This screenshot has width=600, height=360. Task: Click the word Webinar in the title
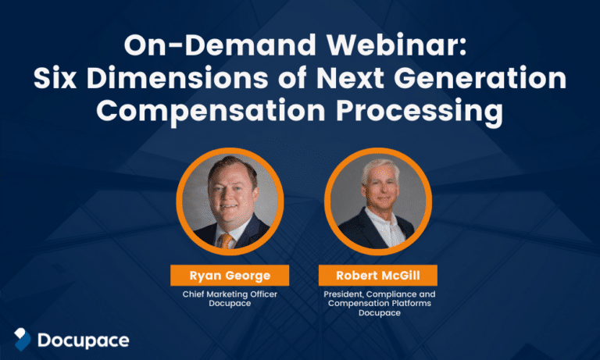click(397, 45)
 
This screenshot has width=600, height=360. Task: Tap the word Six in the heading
click(55, 78)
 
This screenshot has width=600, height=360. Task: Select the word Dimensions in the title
click(177, 78)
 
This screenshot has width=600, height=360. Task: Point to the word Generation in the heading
click(480, 78)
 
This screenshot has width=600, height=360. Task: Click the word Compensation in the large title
click(211, 111)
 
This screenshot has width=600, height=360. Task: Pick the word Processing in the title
click(420, 111)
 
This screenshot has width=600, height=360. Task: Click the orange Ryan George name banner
click(230, 276)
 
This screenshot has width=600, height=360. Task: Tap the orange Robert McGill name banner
click(378, 276)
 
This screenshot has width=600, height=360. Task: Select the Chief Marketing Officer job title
click(230, 294)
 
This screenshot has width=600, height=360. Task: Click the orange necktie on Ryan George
click(225, 241)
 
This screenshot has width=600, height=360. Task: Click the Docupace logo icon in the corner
click(22, 340)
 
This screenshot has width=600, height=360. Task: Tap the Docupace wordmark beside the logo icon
click(84, 340)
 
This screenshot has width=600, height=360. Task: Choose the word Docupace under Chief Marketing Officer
click(230, 303)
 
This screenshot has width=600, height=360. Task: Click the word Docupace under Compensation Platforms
click(380, 312)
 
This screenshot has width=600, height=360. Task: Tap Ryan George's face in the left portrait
click(231, 195)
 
